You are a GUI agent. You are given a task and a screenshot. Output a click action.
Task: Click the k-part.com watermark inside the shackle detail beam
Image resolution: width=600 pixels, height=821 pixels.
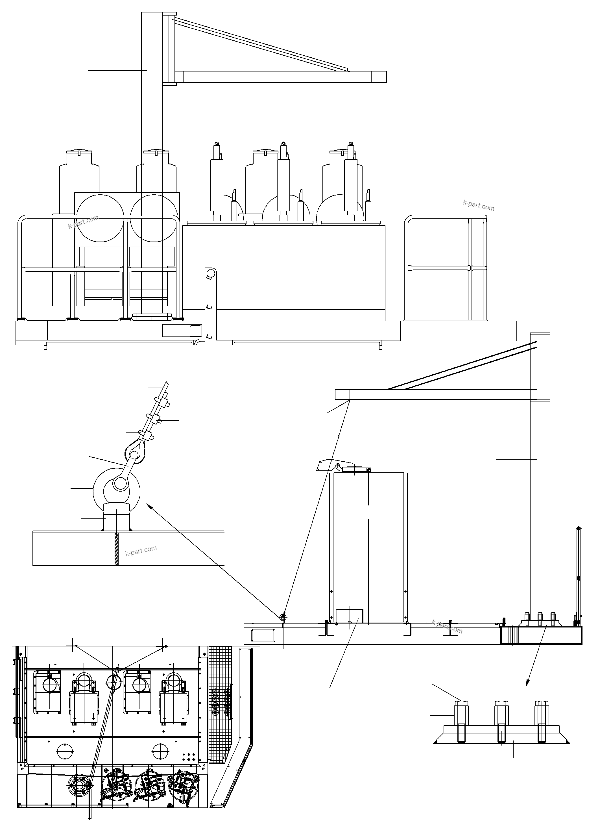141,551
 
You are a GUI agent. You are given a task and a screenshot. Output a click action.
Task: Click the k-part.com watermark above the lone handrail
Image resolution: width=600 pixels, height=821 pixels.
479,206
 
